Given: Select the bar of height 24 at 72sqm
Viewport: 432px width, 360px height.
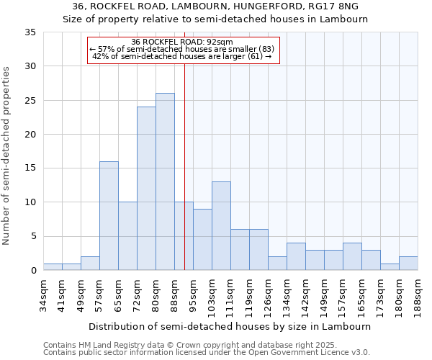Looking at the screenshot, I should pyautogui.click(x=146, y=189).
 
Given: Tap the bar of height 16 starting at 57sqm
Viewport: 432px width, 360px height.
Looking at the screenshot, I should pyautogui.click(x=109, y=216).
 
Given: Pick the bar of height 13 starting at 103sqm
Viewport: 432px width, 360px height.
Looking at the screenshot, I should pyautogui.click(x=221, y=226).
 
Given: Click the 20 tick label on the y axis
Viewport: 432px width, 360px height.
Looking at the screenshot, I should pyautogui.click(x=30, y=135).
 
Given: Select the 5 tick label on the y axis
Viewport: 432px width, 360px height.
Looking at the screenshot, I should pyautogui.click(x=32, y=236).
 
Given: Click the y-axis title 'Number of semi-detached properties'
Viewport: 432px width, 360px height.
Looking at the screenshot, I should pyautogui.click(x=7, y=156).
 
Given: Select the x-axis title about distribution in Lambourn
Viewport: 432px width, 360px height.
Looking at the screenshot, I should pyautogui.click(x=230, y=326).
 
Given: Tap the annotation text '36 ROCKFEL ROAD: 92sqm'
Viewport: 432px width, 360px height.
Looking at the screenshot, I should pyautogui.click(x=182, y=42).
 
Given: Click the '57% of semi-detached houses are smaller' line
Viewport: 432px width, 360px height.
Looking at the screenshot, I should pyautogui.click(x=182, y=49).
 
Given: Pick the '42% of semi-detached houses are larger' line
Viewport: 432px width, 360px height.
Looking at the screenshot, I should pyautogui.click(x=182, y=56).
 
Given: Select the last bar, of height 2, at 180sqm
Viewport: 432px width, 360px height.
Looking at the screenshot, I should pyautogui.click(x=408, y=264).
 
